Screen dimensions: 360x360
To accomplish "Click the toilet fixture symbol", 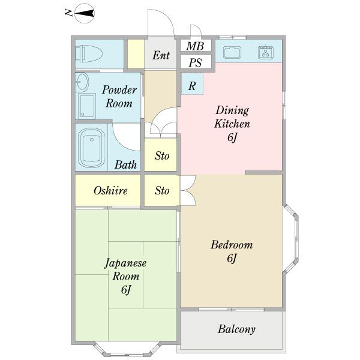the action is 88,54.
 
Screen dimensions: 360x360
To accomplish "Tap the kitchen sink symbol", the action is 232,52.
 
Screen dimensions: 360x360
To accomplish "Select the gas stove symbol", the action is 265,52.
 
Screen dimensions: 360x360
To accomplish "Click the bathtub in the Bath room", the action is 91,148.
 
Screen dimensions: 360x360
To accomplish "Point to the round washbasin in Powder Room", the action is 82,82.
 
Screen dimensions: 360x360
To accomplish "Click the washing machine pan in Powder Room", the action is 86,106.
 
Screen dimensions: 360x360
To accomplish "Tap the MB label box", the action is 196,46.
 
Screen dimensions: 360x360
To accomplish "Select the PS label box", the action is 196,62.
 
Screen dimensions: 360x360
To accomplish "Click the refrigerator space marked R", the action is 192,83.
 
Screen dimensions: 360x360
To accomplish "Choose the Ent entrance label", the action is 161,55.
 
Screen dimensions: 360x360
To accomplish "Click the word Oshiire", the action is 110,191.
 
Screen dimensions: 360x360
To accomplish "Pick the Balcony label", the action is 237,329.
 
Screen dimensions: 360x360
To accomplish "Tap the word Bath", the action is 126,164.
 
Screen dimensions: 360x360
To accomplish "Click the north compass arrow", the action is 85,13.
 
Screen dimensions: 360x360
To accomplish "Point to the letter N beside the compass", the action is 68,13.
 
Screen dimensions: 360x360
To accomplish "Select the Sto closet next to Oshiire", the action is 162,191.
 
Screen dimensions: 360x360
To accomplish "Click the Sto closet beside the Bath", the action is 161,155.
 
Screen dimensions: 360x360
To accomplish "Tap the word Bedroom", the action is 232,245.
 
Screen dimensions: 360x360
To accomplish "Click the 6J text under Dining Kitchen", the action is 232,137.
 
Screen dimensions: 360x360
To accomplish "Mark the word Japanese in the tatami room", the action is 125,263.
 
